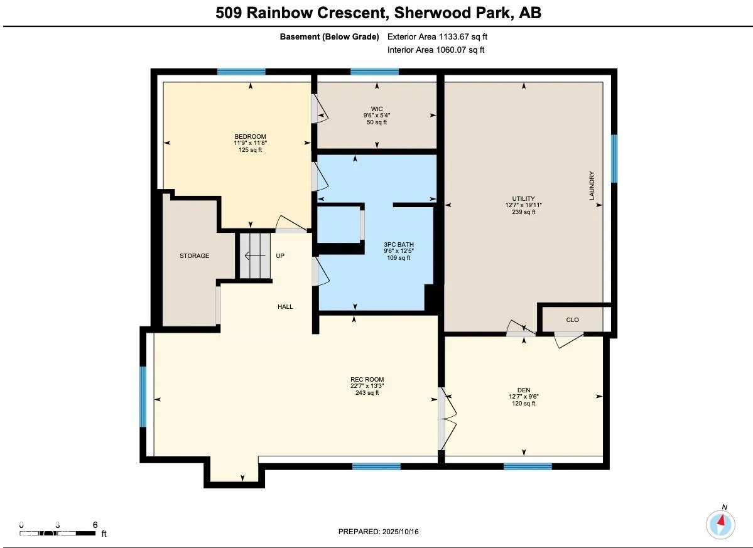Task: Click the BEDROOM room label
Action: (250, 137)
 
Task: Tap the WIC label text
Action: (377, 109)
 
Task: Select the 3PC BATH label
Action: (399, 245)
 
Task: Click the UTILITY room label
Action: (523, 198)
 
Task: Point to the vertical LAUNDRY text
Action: (591, 186)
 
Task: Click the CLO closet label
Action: (572, 320)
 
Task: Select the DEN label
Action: (523, 390)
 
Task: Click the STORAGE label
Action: (194, 256)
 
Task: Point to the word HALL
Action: (285, 307)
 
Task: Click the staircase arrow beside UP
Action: (254, 255)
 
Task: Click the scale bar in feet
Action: (58, 533)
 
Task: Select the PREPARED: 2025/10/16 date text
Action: (378, 532)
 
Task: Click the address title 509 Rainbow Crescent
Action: (377, 13)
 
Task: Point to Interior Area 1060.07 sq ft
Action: (436, 50)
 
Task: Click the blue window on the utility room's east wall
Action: (614, 158)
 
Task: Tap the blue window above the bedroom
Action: (241, 72)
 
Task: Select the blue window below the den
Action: (528, 466)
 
